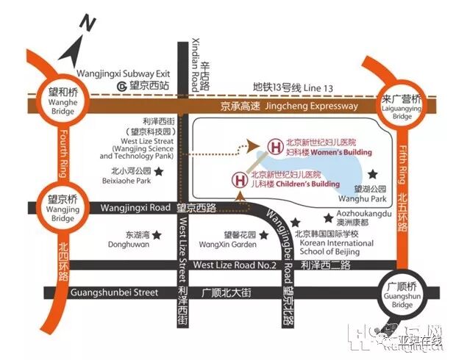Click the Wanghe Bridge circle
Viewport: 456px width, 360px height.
click(61, 96)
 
